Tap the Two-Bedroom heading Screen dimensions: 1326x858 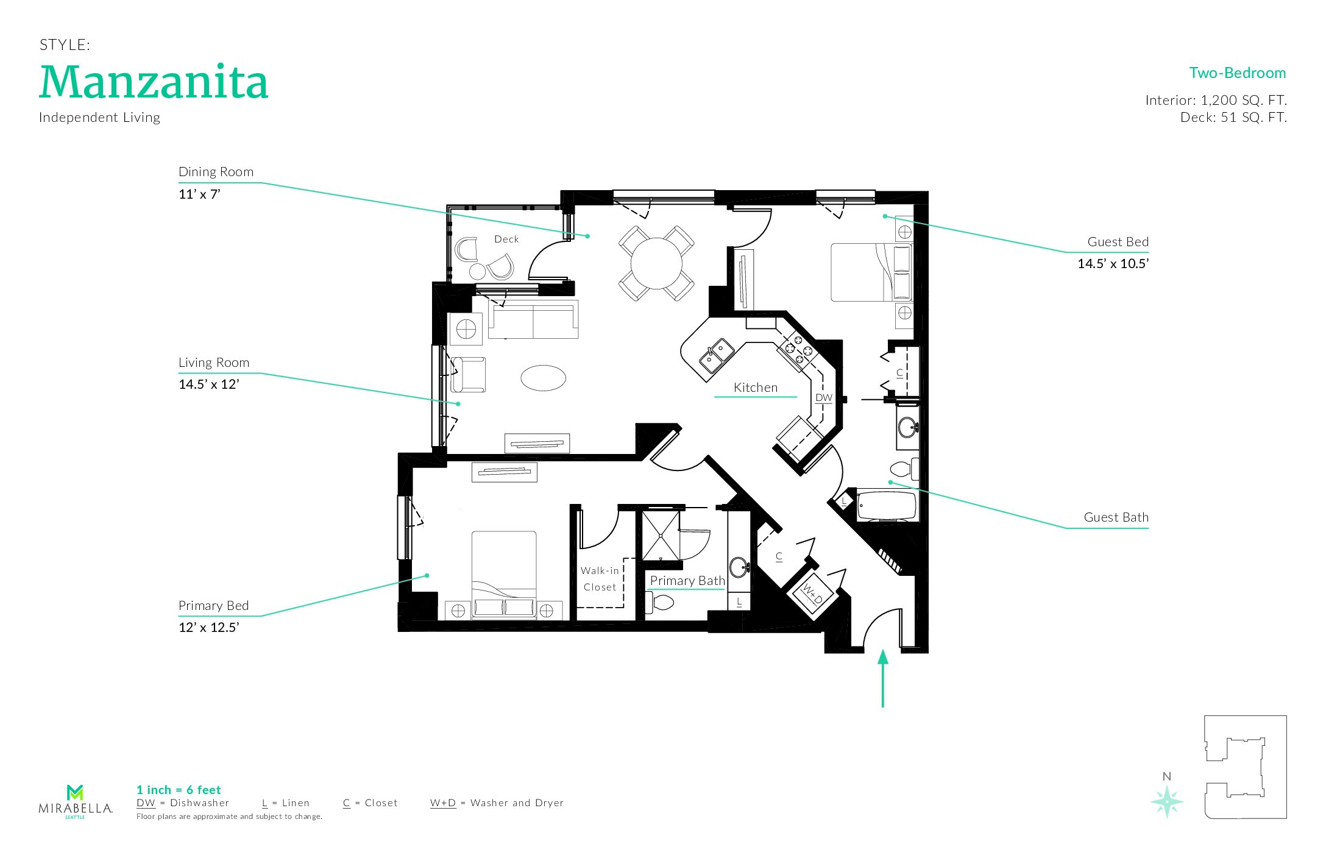point(1237,73)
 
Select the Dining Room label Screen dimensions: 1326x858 point(216,172)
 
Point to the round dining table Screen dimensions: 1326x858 point(656,263)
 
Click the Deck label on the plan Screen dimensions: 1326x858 point(506,239)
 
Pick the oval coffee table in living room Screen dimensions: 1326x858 point(543,378)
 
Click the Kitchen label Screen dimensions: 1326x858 point(756,388)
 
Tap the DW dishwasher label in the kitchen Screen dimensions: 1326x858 point(824,398)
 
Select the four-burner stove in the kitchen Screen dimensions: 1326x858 point(798,350)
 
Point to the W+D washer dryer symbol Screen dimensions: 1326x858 point(811,592)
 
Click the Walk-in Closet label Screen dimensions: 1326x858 point(600,579)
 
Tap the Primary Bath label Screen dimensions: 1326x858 point(687,581)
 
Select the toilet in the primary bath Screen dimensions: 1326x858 point(660,603)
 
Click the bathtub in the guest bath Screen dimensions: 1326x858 point(887,505)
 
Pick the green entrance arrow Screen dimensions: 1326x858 point(882,678)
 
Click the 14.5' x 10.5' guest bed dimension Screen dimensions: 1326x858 point(1113,264)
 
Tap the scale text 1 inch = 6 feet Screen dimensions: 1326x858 point(179,790)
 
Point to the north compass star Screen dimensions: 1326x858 point(1166,801)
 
